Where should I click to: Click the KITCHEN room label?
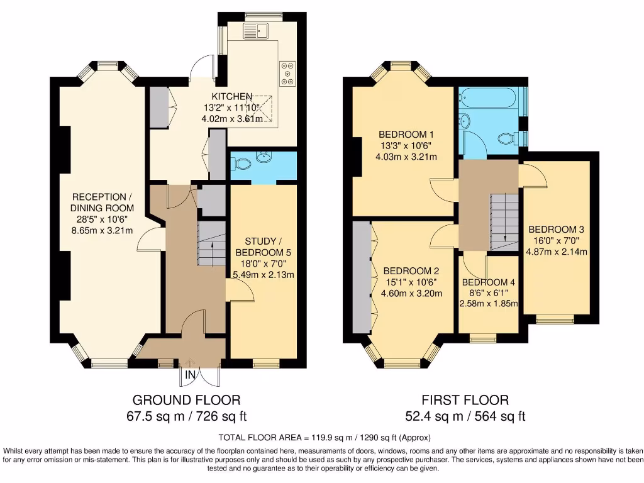click(x=231, y=96)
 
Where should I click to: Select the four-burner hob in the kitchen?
click(x=289, y=72)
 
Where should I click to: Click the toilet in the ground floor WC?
click(x=241, y=164)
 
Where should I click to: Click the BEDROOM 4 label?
click(x=487, y=282)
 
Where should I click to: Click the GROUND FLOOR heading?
click(x=186, y=400)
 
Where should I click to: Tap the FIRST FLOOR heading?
click(x=465, y=400)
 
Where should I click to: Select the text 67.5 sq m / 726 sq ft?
click(x=186, y=416)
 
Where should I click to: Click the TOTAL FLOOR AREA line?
click(x=325, y=437)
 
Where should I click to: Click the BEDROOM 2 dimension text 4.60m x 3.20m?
click(x=412, y=293)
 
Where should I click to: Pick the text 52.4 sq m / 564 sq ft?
click(x=465, y=416)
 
